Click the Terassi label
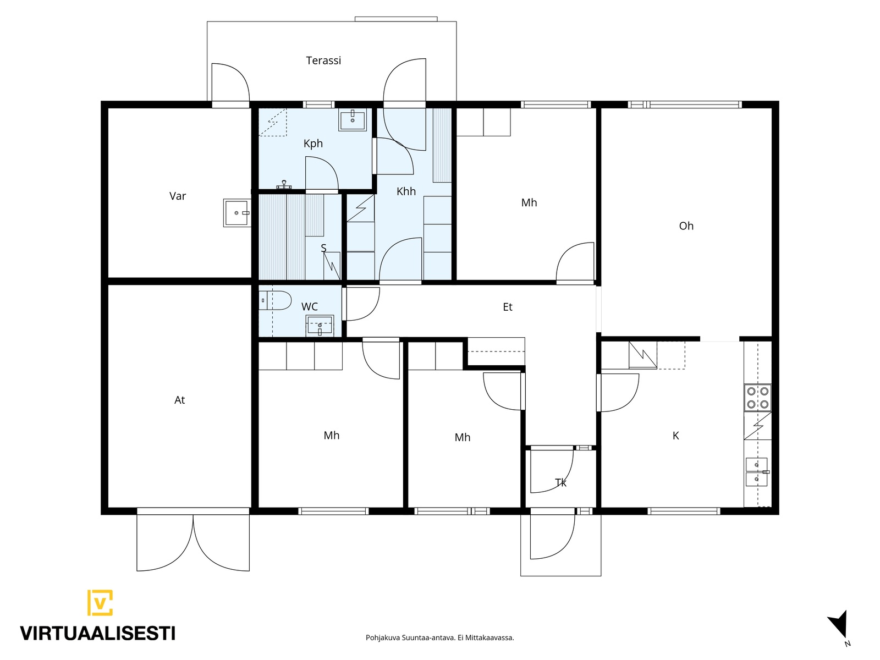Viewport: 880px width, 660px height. (323, 61)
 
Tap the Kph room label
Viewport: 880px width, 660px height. (313, 144)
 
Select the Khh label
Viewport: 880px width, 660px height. (406, 191)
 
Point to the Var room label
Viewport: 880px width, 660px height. (177, 196)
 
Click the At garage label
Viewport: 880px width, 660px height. (179, 400)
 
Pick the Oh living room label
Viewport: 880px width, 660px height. (686, 226)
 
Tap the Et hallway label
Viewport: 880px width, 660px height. (507, 307)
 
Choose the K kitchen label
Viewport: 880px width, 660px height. (675, 436)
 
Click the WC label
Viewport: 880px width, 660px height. (309, 307)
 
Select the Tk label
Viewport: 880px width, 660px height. (560, 483)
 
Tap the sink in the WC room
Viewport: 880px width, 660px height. (320, 326)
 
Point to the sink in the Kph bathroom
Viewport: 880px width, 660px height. (353, 119)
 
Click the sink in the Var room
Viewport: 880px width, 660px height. (237, 213)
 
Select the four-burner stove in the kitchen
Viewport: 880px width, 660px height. (757, 398)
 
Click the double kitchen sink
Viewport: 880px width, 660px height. (757, 472)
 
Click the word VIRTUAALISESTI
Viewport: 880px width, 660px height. (98, 634)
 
